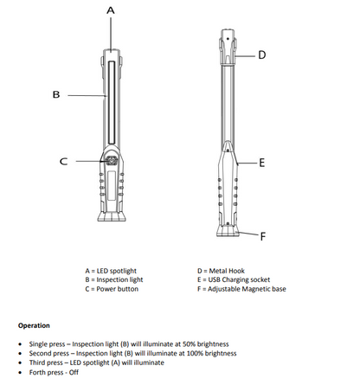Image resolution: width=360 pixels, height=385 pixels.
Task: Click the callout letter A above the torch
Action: point(110,10)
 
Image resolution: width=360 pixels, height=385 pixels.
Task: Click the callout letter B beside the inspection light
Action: point(55,94)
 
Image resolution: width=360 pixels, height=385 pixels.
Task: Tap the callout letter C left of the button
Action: point(62,161)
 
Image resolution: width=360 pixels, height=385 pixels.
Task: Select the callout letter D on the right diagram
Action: point(261,55)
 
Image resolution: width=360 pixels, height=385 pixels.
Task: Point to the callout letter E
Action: point(262,162)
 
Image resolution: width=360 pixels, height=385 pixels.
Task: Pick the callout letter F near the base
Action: point(262,235)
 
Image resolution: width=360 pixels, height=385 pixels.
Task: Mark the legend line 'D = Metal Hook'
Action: point(220,271)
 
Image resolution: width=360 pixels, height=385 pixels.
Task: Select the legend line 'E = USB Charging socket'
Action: point(233,280)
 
